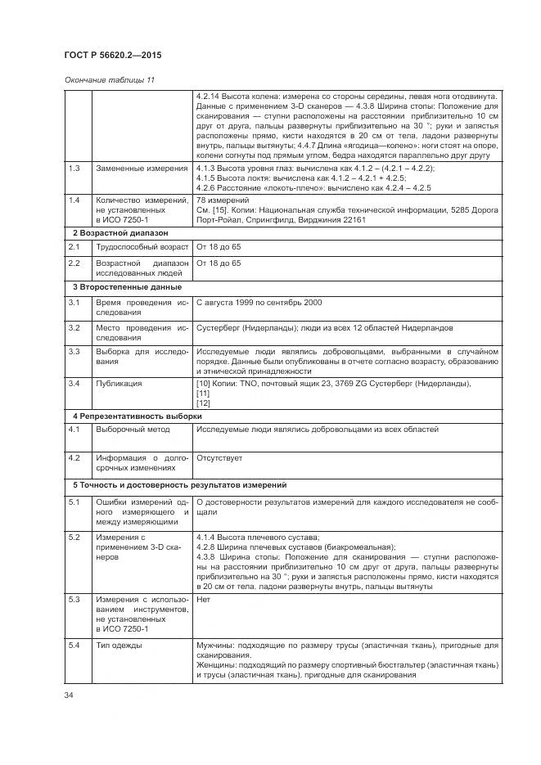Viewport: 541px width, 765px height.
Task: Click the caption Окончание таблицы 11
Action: coord(109,80)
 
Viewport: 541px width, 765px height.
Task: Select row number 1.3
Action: coord(74,169)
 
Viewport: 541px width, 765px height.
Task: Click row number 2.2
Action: coord(74,263)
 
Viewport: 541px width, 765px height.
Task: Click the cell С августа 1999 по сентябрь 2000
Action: coord(259,303)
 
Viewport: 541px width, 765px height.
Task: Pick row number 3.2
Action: coord(74,327)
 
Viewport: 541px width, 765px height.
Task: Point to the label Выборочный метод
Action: coord(133,430)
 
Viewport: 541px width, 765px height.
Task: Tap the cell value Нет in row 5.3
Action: coord(204,599)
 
